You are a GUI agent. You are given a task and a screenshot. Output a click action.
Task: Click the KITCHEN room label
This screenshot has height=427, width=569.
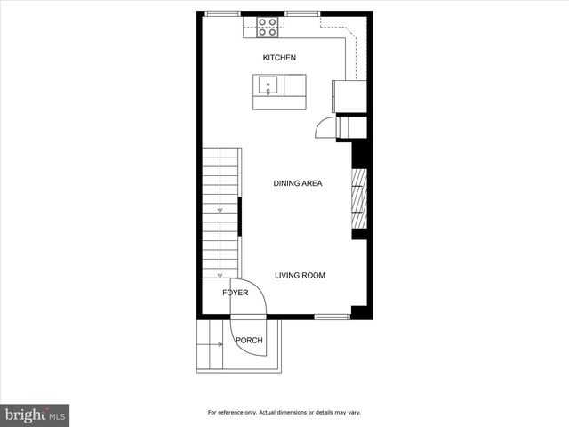click(278, 58)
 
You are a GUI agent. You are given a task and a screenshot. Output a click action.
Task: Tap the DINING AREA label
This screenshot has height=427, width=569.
click(297, 184)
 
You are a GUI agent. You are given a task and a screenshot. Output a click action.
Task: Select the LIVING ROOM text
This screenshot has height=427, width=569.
click(300, 276)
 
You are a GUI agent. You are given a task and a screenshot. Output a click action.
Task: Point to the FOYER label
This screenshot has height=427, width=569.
click(235, 293)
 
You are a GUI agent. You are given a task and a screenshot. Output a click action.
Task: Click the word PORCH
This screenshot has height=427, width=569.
click(249, 341)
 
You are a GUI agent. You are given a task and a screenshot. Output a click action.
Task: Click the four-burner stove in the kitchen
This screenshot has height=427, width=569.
click(268, 28)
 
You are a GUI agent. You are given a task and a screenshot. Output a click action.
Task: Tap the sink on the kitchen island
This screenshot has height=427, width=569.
click(268, 86)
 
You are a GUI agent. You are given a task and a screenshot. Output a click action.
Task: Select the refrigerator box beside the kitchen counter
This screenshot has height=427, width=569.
click(345, 93)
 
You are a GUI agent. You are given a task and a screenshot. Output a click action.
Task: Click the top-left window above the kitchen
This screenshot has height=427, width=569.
click(222, 13)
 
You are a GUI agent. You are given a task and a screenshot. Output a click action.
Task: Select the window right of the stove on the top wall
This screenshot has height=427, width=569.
click(302, 13)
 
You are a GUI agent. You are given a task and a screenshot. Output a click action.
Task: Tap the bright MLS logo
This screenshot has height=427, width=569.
click(35, 415)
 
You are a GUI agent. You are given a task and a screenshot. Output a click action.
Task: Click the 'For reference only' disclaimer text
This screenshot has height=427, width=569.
click(284, 413)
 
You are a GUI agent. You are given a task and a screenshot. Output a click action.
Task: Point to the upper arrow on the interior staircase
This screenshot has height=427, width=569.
click(220, 211)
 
